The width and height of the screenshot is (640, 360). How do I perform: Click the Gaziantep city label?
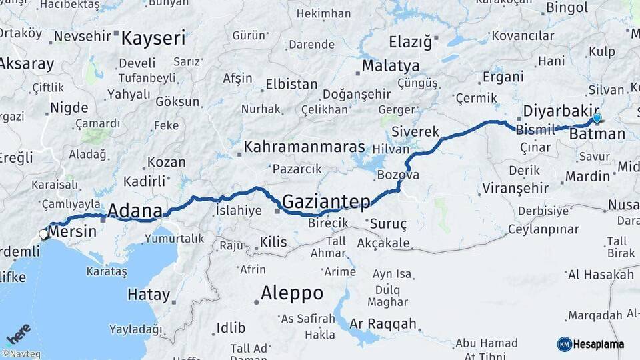pyautogui.click(x=326, y=201)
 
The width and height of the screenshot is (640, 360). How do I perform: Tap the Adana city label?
pyautogui.click(x=135, y=211)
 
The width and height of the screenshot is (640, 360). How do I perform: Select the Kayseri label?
pyautogui.click(x=153, y=38)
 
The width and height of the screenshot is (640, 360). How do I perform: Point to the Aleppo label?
pyautogui.click(x=292, y=293)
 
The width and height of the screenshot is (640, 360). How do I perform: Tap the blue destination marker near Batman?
pyautogui.click(x=597, y=119)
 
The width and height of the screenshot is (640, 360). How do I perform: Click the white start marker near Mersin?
pyautogui.click(x=44, y=234)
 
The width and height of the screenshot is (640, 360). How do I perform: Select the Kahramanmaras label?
pyautogui.click(x=304, y=147)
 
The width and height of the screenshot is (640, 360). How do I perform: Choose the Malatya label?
pyautogui.click(x=391, y=65)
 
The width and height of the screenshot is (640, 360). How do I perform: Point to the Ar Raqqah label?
pyautogui.click(x=383, y=324)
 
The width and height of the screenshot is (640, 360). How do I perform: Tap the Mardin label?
pyautogui.click(x=587, y=176)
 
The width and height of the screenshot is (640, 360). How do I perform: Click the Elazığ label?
pyautogui.click(x=411, y=42)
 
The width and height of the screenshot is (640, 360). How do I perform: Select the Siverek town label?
pyautogui.click(x=415, y=131)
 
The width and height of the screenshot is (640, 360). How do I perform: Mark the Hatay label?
pyautogui.click(x=149, y=294)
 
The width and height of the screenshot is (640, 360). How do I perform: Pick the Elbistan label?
pyautogui.click(x=291, y=85)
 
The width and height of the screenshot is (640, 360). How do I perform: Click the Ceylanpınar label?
pyautogui.click(x=543, y=229)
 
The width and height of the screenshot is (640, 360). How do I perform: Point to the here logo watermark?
pyautogui.click(x=18, y=333)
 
